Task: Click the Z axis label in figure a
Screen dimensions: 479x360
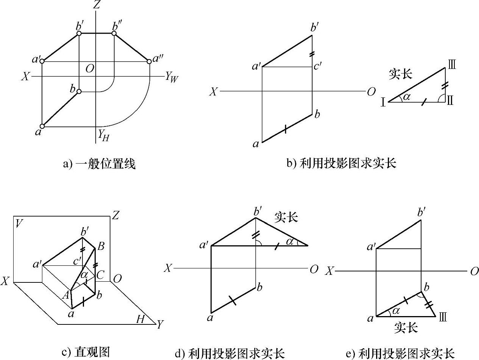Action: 97,5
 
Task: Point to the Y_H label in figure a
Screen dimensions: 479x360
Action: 103,135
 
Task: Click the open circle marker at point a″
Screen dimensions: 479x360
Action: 149,61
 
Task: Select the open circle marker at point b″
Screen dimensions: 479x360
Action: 114,33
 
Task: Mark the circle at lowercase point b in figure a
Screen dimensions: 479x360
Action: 79,92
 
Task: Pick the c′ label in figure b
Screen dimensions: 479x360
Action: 317,67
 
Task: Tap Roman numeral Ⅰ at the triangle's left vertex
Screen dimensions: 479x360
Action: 383,102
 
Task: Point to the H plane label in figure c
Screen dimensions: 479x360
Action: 140,320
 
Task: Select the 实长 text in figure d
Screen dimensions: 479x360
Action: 286,217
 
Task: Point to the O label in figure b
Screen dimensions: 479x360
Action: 371,92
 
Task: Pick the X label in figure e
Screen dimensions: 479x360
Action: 330,271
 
